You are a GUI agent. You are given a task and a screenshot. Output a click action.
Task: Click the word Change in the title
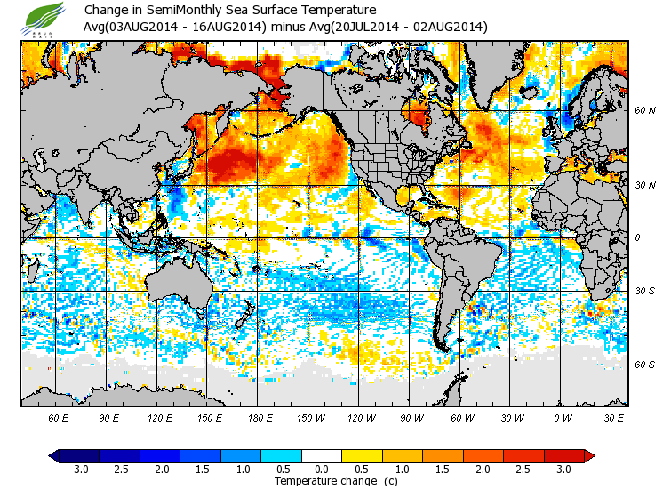point(104,11)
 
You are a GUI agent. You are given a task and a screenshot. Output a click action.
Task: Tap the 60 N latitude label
point(645,110)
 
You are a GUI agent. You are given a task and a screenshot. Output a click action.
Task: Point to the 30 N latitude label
point(645,184)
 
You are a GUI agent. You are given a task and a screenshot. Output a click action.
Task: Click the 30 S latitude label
point(645,291)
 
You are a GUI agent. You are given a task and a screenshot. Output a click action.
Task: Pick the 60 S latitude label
point(645,365)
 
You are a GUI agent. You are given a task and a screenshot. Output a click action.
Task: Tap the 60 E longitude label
point(59,417)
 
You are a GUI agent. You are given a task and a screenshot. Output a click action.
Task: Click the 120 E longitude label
point(160,417)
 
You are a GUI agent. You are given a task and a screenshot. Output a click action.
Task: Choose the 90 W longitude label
point(412,417)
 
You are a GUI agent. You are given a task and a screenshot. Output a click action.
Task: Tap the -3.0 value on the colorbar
point(78,469)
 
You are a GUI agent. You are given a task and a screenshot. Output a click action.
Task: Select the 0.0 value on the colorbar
point(322,469)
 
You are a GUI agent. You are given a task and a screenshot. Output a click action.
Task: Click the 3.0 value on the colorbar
point(563,469)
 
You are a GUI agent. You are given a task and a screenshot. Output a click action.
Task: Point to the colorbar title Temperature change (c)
point(323,481)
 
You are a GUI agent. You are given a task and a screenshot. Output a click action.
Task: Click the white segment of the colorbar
point(322,455)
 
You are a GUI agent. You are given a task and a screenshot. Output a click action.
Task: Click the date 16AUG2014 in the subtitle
point(227,27)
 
